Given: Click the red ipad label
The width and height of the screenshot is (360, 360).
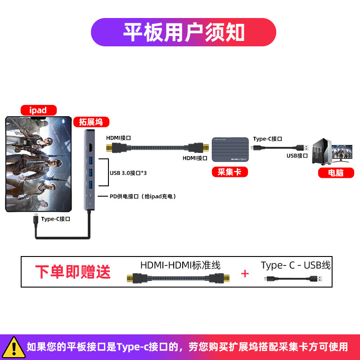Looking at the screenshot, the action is [x=39, y=110].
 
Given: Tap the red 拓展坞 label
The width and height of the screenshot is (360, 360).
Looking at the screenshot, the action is [x=91, y=122].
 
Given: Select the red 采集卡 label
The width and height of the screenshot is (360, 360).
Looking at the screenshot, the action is [x=230, y=172].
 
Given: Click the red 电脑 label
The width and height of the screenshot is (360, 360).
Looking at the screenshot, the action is [x=336, y=173].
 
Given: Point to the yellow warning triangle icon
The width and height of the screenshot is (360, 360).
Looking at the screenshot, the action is [x=14, y=347].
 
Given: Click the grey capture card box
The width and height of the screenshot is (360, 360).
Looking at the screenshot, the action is [x=230, y=149].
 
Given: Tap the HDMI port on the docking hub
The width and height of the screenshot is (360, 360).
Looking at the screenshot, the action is [x=91, y=147].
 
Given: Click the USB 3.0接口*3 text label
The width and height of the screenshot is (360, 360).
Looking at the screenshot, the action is [x=128, y=173].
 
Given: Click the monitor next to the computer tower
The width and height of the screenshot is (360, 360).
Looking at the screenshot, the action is [x=342, y=153].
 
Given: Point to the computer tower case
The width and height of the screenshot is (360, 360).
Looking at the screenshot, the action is [x=322, y=151].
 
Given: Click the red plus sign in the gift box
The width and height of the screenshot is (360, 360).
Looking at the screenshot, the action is [x=245, y=274].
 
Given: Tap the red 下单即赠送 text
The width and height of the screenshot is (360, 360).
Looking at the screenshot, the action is [x=73, y=272].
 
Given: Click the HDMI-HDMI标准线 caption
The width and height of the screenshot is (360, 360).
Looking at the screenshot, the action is [x=180, y=265].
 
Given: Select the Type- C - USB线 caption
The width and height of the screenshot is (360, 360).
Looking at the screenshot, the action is [x=296, y=265].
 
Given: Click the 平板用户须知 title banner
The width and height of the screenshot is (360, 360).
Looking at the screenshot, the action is [x=184, y=32].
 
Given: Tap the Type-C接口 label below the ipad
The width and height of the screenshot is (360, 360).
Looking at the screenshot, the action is [x=55, y=219].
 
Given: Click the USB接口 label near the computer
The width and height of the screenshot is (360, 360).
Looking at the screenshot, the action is [x=297, y=156].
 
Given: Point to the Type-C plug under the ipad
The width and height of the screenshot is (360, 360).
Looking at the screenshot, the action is [x=36, y=220].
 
